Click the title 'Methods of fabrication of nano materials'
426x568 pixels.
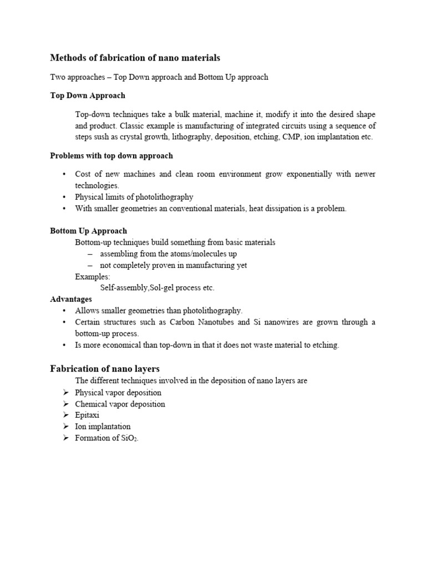coord(135,58)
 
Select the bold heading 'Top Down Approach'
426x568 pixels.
coord(88,95)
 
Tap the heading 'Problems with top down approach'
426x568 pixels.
coord(111,156)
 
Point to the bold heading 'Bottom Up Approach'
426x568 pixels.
coord(89,231)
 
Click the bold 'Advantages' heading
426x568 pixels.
coord(71,299)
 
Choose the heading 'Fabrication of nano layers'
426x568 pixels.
coord(105,368)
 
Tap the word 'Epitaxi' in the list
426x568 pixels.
coord(88,415)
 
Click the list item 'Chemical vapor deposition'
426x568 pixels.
coord(120,404)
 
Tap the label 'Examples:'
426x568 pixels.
coord(93,276)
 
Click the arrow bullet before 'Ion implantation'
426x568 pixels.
coord(65,427)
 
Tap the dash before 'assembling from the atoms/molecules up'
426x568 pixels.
coord(90,253)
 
